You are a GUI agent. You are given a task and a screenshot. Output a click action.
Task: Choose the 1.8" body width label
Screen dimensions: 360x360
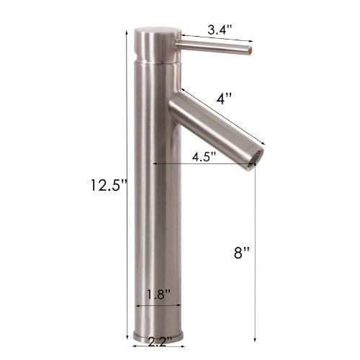click(157, 294)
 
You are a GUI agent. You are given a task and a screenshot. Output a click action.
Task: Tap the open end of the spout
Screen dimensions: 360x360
click(251, 158)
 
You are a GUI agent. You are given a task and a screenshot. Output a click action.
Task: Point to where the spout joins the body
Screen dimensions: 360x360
click(175, 108)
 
